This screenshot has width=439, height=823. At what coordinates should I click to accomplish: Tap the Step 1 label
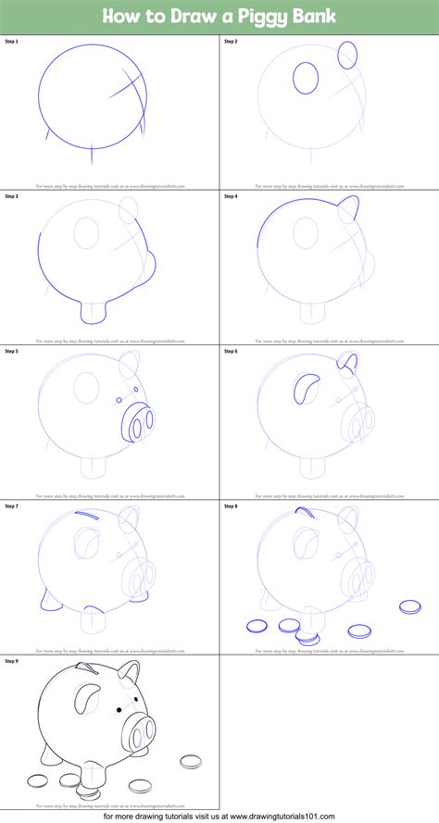[x=11, y=43]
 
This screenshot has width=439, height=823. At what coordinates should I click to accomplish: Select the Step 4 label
[x=231, y=196]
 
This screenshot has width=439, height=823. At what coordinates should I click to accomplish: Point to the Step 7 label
[x=11, y=505]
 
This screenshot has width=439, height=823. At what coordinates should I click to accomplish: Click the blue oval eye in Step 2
[x=306, y=78]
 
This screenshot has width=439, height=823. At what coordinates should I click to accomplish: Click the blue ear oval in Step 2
[x=348, y=54]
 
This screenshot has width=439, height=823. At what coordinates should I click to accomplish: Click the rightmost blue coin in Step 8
[x=409, y=607]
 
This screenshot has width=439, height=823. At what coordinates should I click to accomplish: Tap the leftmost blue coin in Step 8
[x=257, y=627]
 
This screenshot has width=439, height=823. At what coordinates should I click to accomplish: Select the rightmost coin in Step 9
[x=191, y=762]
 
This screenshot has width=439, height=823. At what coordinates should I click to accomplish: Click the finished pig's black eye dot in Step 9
[x=119, y=711]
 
